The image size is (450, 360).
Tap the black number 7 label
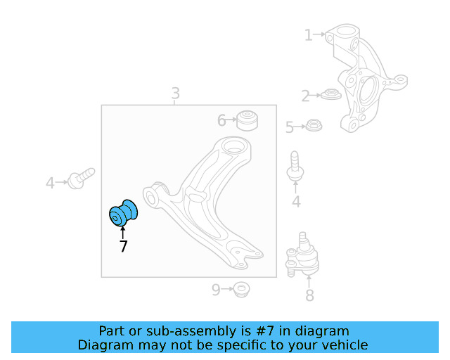point(123,246)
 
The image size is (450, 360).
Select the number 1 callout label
point(308,34)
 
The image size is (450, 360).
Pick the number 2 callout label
point(305,96)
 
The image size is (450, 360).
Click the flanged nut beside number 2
point(330,94)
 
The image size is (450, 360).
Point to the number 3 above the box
point(175,94)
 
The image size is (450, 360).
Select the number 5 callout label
point(289,127)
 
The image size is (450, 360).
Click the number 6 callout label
point(221,121)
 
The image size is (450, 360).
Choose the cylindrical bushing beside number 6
point(246,120)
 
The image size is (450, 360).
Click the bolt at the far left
point(82,176)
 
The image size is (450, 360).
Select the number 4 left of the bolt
point(50,184)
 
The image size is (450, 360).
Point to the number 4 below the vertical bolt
point(296,202)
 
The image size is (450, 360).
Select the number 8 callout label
point(309,295)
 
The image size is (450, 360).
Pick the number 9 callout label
point(216,288)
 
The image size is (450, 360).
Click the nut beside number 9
point(241,288)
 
